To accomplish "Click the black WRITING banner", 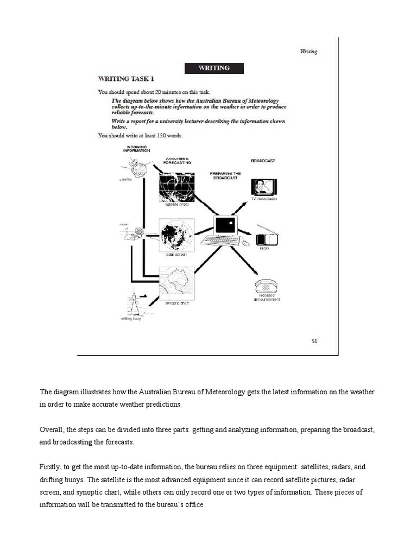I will click(x=213, y=68).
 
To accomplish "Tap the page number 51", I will click(x=314, y=341).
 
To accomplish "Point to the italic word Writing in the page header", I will click(x=308, y=52).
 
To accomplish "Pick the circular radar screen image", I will click(x=176, y=236).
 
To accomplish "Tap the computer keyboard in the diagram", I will click(x=220, y=241).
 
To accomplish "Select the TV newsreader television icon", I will click(x=263, y=187).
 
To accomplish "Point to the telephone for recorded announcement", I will click(x=266, y=286).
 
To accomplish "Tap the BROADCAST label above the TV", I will click(x=263, y=161).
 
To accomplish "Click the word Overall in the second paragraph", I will click(x=52, y=429).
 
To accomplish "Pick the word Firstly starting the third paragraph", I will click(x=51, y=467).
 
